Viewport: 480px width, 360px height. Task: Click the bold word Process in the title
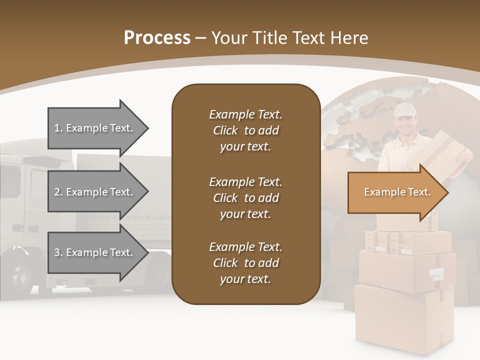157,38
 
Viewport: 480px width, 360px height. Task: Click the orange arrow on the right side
395,192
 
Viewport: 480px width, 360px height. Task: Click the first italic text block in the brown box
245,130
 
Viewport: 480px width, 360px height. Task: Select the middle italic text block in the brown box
245,198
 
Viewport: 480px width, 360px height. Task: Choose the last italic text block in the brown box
245,263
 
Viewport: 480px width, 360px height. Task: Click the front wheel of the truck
22,275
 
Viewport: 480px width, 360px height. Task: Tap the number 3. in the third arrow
58,252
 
